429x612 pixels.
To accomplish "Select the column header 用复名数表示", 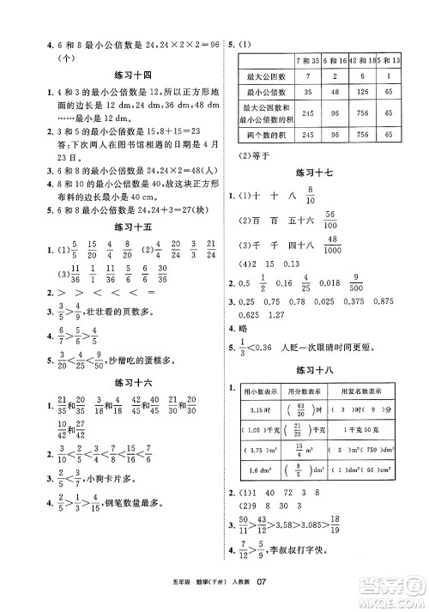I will [363, 391].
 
